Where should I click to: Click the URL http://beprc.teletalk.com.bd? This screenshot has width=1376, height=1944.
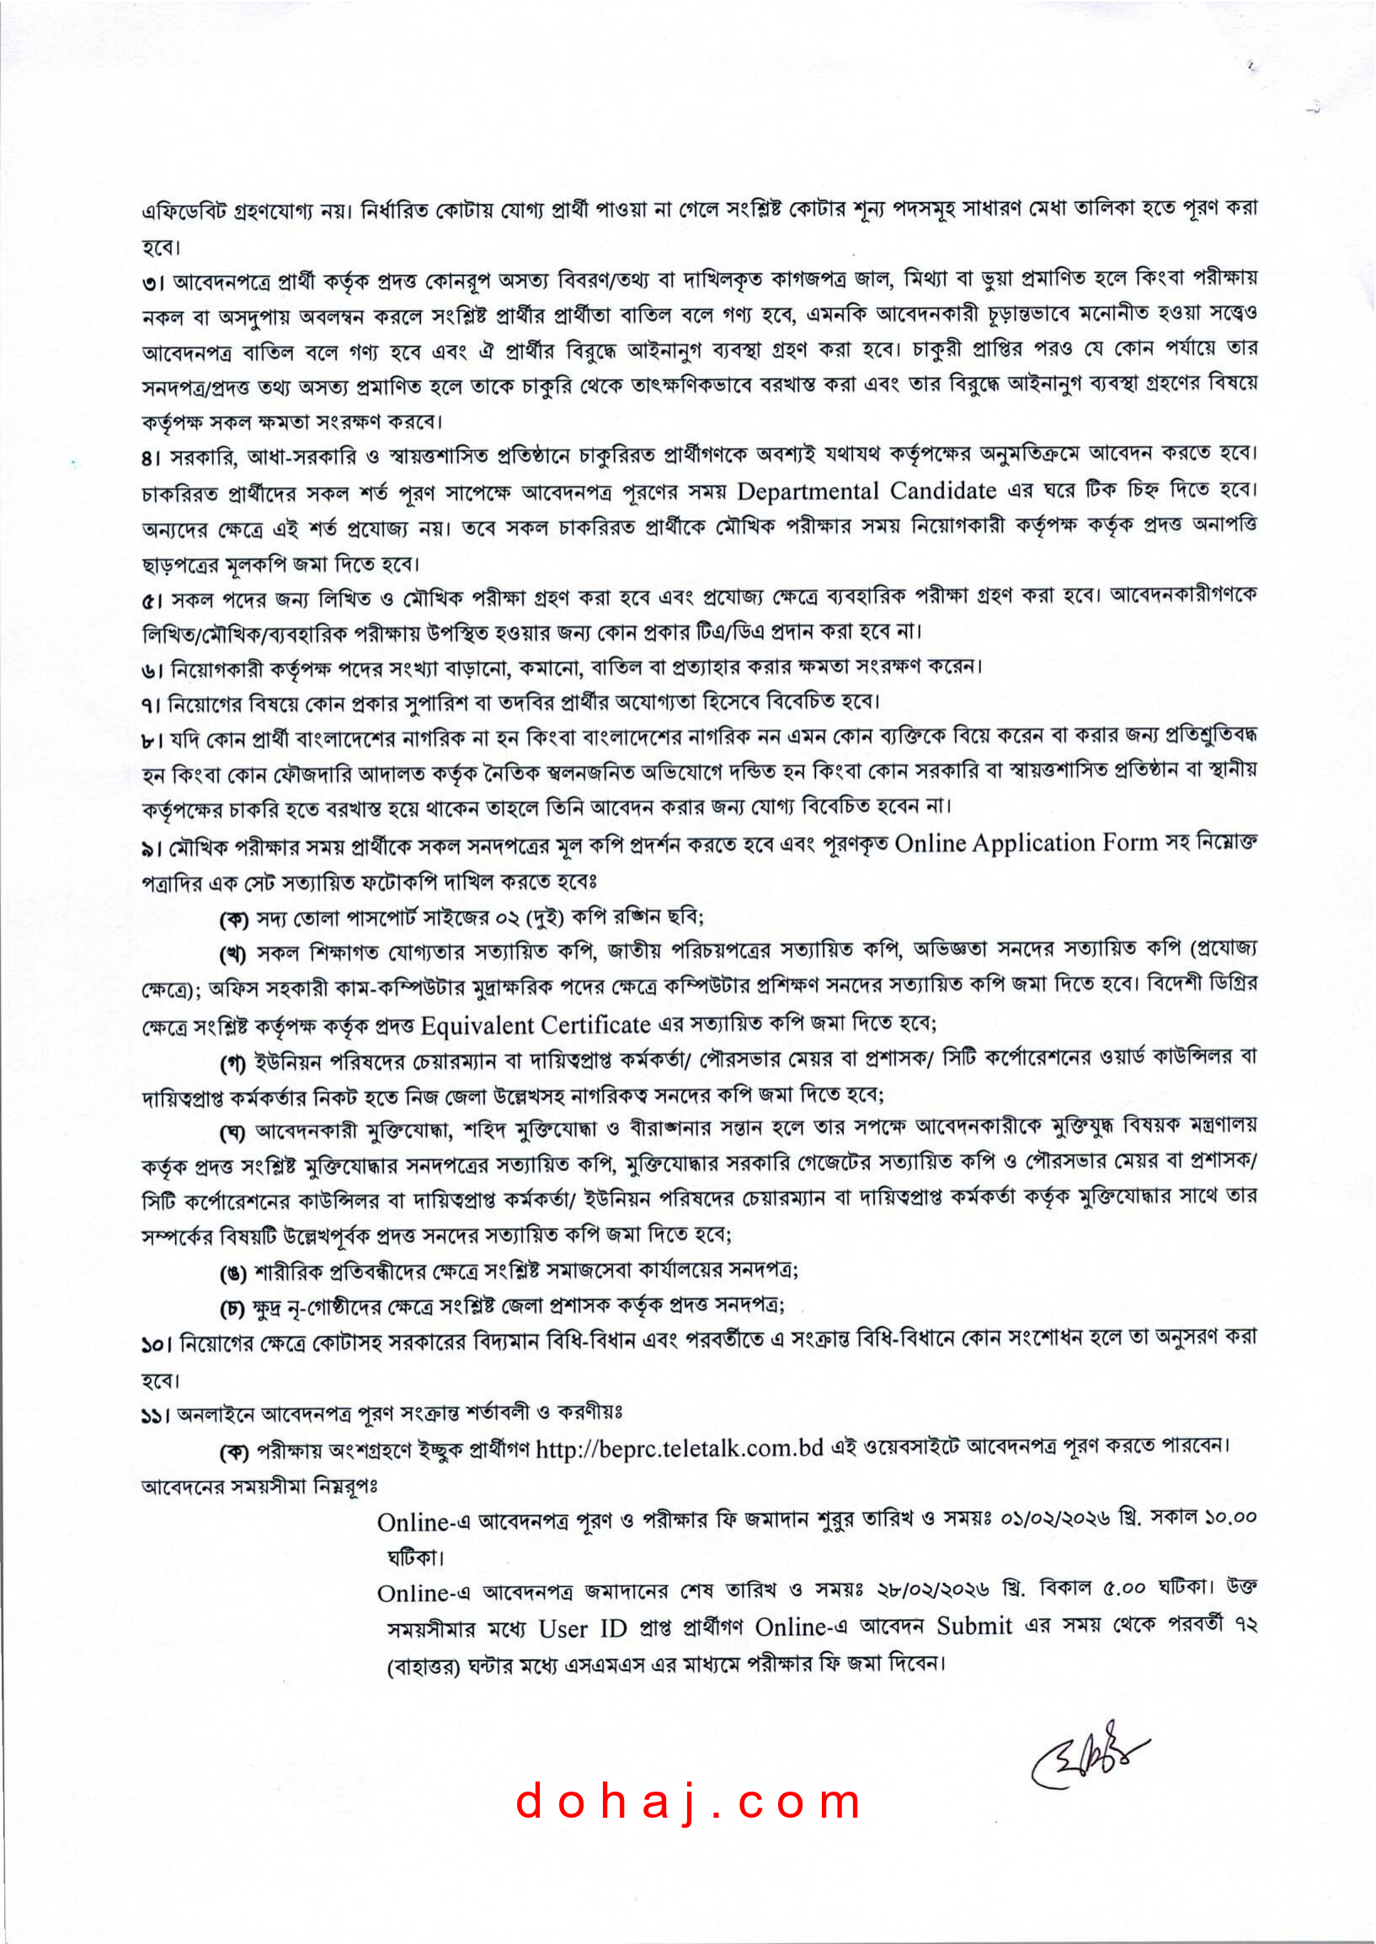click(679, 1447)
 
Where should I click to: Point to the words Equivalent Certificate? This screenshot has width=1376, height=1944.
click(536, 1025)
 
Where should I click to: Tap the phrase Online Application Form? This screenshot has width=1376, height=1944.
click(1025, 843)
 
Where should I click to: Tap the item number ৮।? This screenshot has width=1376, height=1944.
click(152, 739)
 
